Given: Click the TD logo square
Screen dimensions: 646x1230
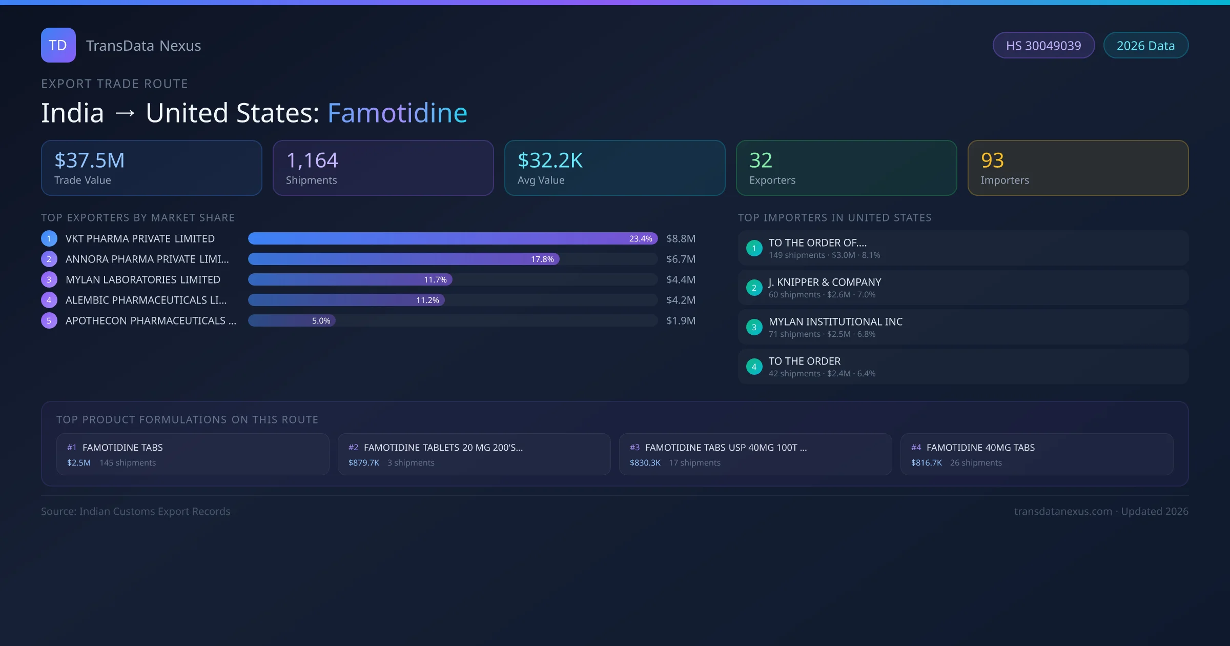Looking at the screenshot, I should [x=58, y=45].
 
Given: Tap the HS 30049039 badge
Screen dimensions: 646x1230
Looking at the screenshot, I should [x=1043, y=46].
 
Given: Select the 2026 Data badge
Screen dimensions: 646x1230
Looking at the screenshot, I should [x=1145, y=46].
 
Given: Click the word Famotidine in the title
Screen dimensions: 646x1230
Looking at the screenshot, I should [x=397, y=113].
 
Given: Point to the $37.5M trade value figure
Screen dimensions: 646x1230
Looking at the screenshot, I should [x=89, y=160].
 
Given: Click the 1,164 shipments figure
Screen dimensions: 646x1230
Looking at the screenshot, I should [x=312, y=160].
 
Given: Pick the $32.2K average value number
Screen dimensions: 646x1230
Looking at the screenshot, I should [x=550, y=160].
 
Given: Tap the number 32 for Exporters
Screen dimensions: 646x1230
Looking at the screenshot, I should [x=761, y=160].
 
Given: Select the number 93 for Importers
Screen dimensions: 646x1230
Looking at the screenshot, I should [x=992, y=160].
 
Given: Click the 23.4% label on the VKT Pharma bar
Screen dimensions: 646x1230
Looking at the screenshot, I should [x=641, y=239].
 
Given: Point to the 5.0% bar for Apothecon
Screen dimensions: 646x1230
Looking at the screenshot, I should [x=292, y=321].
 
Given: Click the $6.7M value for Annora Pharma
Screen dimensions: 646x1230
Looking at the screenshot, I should [x=681, y=259].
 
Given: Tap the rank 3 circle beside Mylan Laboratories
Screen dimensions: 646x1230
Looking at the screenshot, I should [x=49, y=280].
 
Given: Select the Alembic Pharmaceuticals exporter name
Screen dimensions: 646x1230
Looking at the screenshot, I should [x=146, y=300].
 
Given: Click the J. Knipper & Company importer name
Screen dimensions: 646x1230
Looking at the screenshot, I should [x=825, y=282].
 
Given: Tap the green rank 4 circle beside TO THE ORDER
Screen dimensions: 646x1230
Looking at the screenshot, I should [x=754, y=367].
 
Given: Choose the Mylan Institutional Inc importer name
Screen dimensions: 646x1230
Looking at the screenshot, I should [x=835, y=322].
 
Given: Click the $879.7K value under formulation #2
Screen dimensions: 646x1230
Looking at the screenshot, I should [x=364, y=463].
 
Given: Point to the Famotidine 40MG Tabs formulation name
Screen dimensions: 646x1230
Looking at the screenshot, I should [x=980, y=448].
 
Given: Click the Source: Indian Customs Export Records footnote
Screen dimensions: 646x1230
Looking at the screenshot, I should [x=136, y=512].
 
